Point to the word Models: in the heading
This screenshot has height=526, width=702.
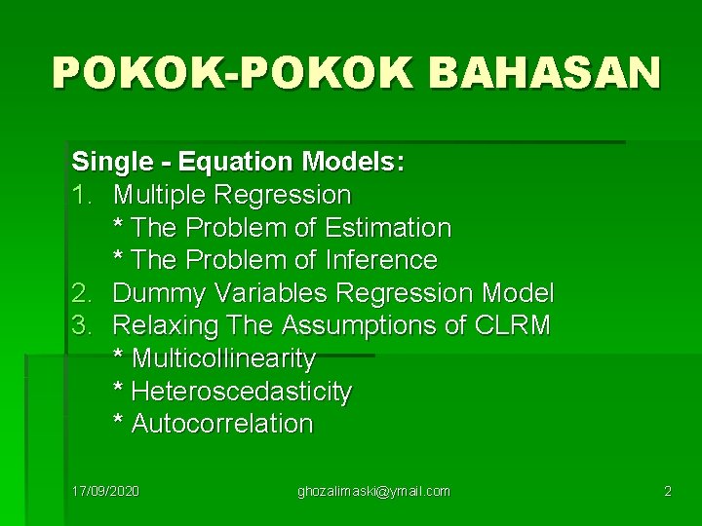pyautogui.click(x=353, y=161)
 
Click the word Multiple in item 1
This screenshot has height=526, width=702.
pyautogui.click(x=161, y=195)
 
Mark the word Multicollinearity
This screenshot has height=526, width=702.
pyautogui.click(x=223, y=358)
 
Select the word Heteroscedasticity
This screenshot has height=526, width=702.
pyautogui.click(x=241, y=392)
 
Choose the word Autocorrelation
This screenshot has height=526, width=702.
pyautogui.click(x=222, y=424)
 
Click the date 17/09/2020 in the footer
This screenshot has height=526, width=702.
pyautogui.click(x=105, y=491)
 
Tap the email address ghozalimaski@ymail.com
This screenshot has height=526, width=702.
pyautogui.click(x=373, y=491)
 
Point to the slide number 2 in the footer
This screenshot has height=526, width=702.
pyautogui.click(x=667, y=491)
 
